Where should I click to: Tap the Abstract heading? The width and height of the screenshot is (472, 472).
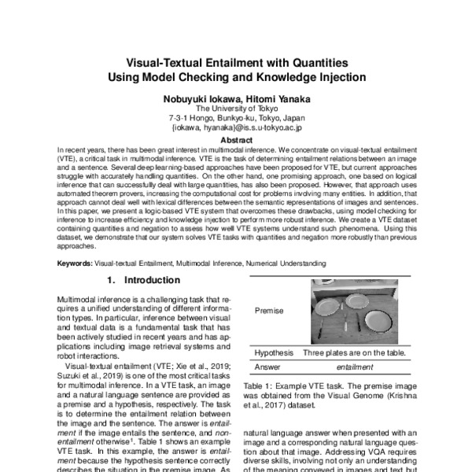(236, 140)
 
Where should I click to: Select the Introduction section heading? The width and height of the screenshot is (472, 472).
(142, 279)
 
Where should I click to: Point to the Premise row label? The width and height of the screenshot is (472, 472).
(269, 311)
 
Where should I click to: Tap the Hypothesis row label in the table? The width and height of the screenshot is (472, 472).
(274, 352)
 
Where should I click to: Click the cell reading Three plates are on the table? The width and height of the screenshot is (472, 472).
(355, 352)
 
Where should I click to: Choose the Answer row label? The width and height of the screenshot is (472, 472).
(268, 367)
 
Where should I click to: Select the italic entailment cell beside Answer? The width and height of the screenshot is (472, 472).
(355, 367)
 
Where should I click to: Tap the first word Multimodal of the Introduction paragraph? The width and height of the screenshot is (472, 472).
(79, 301)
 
